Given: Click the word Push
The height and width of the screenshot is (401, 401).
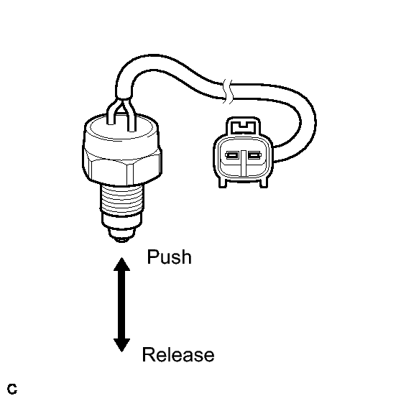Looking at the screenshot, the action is coord(169,257).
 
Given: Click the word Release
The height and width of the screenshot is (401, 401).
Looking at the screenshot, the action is coord(178,355).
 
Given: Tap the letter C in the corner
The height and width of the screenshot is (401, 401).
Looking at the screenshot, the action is coord(12,389).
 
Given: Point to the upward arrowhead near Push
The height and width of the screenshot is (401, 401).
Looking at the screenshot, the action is coord(121,264).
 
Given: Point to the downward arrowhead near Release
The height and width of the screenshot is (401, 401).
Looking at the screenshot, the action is coord(121,345).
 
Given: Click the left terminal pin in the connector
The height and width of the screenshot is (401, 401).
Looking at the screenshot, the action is coord(232,155).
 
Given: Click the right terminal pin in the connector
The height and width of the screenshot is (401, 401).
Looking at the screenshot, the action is coord(254,155).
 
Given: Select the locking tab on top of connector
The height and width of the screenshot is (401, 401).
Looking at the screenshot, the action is coord(243,126).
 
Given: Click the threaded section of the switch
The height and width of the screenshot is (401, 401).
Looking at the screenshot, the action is coord(121,198).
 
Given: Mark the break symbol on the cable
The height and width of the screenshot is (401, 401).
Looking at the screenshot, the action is coord(228,91).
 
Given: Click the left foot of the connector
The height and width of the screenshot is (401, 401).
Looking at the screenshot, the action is coord(223,183).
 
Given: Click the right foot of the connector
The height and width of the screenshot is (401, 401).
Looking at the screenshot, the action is coord(264,183).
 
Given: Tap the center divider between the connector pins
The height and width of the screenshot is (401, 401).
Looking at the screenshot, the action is coord(243,164).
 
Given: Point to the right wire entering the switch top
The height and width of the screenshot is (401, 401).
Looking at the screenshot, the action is coord(131,116).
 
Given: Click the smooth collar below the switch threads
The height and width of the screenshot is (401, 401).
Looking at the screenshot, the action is coord(121,221).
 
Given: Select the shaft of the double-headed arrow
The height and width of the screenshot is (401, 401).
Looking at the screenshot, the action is coord(121,305).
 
